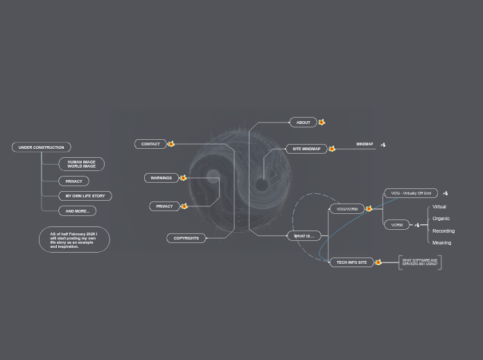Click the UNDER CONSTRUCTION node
pyautogui.click(x=42, y=147)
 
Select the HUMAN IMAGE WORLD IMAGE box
pyautogui.click(x=82, y=164)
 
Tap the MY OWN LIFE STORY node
pyautogui.click(x=85, y=196)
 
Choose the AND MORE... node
pyautogui.click(x=78, y=211)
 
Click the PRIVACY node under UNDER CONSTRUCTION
pyautogui.click(x=73, y=181)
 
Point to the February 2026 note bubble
pyautogui.click(x=74, y=240)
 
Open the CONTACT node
pyautogui.click(x=150, y=144)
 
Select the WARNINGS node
pyautogui.click(x=161, y=178)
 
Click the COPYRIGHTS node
pyautogui.click(x=186, y=238)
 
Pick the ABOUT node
pyautogui.click(x=304, y=123)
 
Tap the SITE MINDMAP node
pyautogui.click(x=306, y=149)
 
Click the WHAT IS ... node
pyautogui.click(x=304, y=236)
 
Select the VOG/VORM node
pyautogui.click(x=346, y=209)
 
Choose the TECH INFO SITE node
pyautogui.click(x=351, y=262)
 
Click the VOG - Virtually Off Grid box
pyautogui.click(x=411, y=193)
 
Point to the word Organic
pyautogui.click(x=441, y=219)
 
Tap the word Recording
pyautogui.click(x=444, y=231)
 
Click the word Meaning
pyautogui.click(x=441, y=243)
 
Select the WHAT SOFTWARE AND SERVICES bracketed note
pyautogui.click(x=420, y=262)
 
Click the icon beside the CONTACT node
pyautogui.click(x=171, y=144)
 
